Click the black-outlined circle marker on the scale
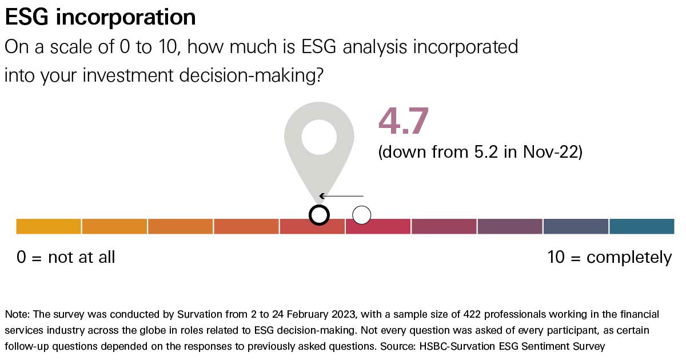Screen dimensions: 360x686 [319, 215]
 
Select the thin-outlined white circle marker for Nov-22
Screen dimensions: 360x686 [361, 215]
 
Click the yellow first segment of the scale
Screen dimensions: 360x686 [49, 226]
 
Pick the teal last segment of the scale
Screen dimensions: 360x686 [641, 226]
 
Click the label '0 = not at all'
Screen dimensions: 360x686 [66, 257]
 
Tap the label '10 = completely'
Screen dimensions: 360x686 [609, 257]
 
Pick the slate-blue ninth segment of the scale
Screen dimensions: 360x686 [576, 226]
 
